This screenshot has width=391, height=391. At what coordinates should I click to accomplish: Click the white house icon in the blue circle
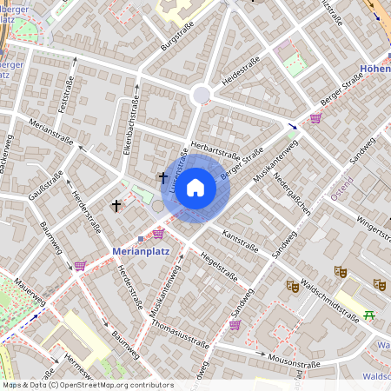point(195,187)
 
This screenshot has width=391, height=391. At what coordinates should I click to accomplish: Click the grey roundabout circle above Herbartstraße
point(202,94)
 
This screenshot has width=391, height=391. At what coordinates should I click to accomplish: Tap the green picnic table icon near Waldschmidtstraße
point(369,315)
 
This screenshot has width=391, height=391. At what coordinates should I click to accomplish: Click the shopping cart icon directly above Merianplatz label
point(158,234)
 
